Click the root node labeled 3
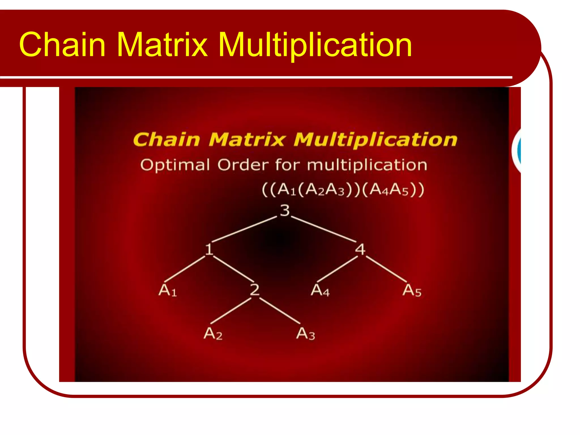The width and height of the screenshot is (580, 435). (x=285, y=210)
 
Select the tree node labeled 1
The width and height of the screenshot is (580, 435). (x=209, y=249)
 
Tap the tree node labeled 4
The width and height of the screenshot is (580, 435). (x=360, y=249)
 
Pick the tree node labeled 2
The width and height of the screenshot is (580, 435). (x=255, y=290)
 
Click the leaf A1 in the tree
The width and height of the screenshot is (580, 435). (x=168, y=290)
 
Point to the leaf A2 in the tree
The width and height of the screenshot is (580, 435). (x=213, y=333)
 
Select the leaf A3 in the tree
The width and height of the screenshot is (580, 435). (x=306, y=333)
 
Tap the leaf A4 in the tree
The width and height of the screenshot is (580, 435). (x=320, y=290)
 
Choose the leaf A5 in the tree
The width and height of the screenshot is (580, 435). (x=412, y=290)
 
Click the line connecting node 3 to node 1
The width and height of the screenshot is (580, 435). (x=244, y=229)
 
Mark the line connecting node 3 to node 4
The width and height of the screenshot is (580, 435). (x=324, y=229)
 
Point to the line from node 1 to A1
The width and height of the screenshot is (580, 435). (x=185, y=268)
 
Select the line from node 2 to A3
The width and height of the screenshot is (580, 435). (x=280, y=311)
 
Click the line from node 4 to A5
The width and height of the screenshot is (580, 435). (x=386, y=268)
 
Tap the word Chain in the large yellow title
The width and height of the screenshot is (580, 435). (x=62, y=45)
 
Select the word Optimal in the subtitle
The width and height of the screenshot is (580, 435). (x=175, y=165)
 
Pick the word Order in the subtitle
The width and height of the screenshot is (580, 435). (x=243, y=165)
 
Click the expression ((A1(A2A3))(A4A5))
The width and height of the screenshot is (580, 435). (x=343, y=189)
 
